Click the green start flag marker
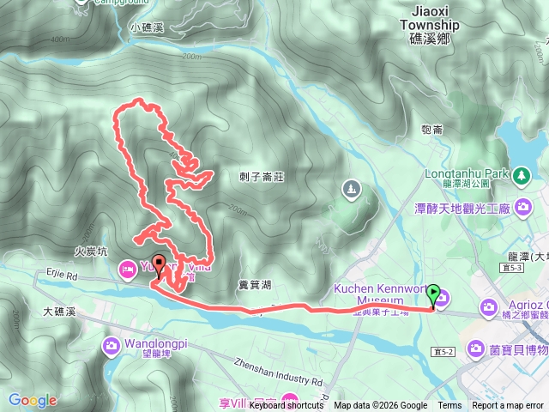point(435,295)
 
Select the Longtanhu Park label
point(468,171)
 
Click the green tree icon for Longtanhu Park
point(522,174)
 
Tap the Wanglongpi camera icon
point(112,346)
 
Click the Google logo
point(32,400)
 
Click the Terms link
point(449,406)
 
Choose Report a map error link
point(508,406)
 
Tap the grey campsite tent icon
point(350,187)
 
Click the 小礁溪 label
point(148,27)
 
